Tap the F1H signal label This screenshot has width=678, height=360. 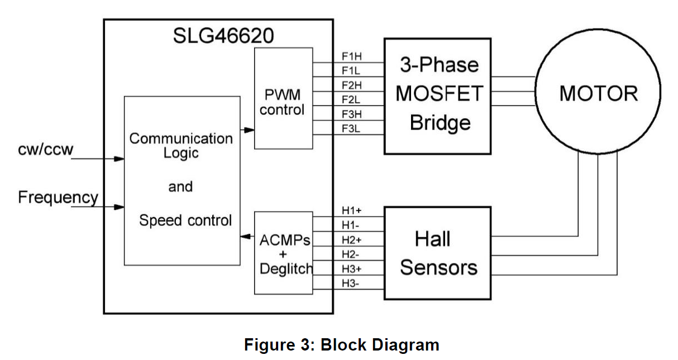[x=352, y=56]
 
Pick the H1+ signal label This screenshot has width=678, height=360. [x=352, y=211]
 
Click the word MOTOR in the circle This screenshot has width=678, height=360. [x=598, y=93]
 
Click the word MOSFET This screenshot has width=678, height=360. [x=438, y=94]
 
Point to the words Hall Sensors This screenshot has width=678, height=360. [x=438, y=254]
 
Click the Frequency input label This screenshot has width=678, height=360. [x=58, y=198]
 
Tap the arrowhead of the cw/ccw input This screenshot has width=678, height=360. [x=118, y=159]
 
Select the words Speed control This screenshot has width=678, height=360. [x=185, y=220]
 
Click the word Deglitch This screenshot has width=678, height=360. [x=286, y=268]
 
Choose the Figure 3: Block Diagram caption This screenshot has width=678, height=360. [x=341, y=344]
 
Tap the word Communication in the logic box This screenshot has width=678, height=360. [x=181, y=138]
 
